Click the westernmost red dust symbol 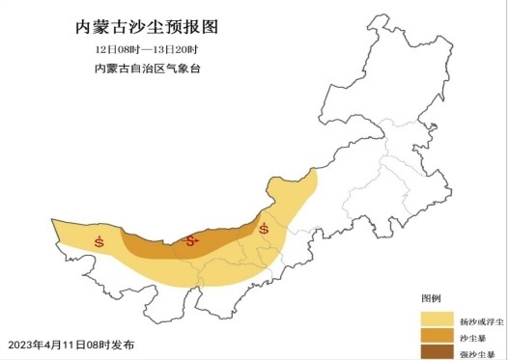99,239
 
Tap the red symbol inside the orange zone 191,240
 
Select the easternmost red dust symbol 264,229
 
